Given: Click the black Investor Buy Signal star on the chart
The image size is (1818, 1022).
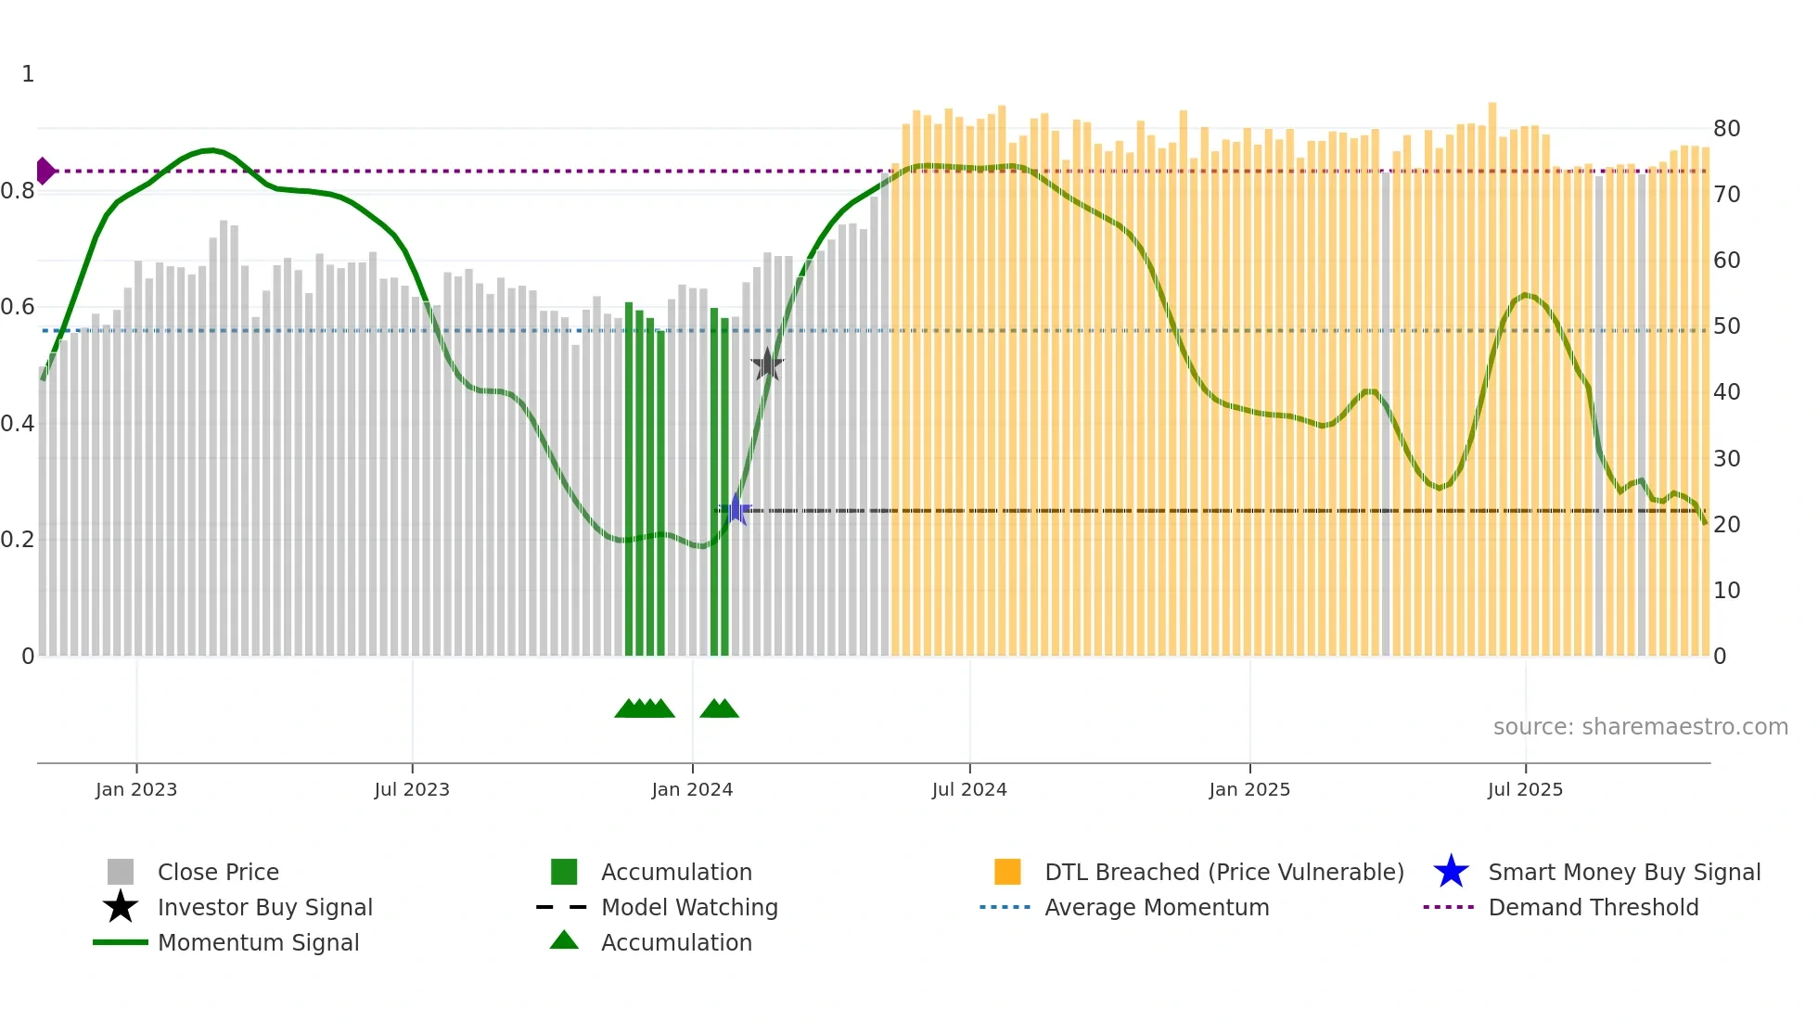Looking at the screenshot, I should point(767,364).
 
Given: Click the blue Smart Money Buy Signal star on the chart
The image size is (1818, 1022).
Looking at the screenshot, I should point(736,509).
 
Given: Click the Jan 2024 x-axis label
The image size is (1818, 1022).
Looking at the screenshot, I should point(692,790).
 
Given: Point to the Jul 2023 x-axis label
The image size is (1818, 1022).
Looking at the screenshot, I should point(412,790).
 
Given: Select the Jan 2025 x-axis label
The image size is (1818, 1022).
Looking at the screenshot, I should point(1249,790).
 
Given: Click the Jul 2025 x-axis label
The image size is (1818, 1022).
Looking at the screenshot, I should point(1525,790).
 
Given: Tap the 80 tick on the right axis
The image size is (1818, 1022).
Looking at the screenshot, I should point(1726,129).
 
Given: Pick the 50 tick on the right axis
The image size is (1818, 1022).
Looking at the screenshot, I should point(1726,326).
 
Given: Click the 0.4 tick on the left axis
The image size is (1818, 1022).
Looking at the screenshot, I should point(18,424).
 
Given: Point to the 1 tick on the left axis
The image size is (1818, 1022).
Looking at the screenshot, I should point(28,74).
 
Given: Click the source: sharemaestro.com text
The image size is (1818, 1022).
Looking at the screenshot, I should point(1640,727).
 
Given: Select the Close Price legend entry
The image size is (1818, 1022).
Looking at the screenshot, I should point(218,873).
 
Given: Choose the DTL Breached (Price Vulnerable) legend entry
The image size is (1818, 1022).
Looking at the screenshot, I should point(1223,873).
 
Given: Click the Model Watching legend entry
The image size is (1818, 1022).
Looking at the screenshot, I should point(689,908).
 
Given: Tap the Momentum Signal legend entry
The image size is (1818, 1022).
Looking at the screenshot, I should point(258,943).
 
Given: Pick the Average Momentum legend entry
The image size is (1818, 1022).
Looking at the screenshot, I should point(1157,908).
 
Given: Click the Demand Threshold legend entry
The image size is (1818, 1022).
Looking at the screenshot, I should point(1593,908).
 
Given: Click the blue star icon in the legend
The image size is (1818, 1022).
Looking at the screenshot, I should point(1451,872).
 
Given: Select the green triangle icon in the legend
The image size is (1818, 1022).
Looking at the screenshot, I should point(564,941).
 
